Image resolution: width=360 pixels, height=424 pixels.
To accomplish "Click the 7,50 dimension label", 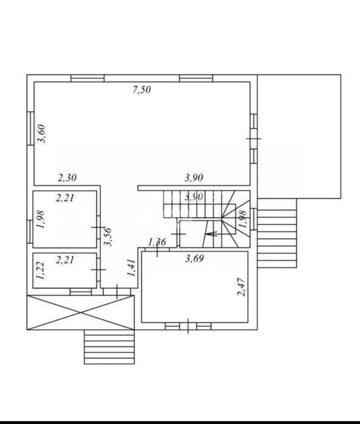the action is [x=142, y=89].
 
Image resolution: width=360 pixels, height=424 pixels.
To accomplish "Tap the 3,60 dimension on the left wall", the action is [x=41, y=133].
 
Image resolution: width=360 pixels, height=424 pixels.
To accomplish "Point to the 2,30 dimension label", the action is [x=67, y=178].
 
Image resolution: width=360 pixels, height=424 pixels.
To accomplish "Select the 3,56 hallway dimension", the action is [x=108, y=236].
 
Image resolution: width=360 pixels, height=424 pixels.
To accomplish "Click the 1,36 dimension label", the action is [x=157, y=242].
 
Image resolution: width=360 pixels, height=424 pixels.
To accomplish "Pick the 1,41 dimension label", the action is [x=131, y=267].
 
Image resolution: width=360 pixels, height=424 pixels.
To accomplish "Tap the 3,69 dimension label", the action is [x=194, y=259].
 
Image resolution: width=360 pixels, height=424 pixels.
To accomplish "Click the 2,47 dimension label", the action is [x=241, y=287].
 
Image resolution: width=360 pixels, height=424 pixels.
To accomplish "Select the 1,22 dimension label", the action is [x=40, y=270].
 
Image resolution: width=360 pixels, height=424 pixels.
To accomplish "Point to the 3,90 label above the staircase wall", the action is [x=194, y=178].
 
